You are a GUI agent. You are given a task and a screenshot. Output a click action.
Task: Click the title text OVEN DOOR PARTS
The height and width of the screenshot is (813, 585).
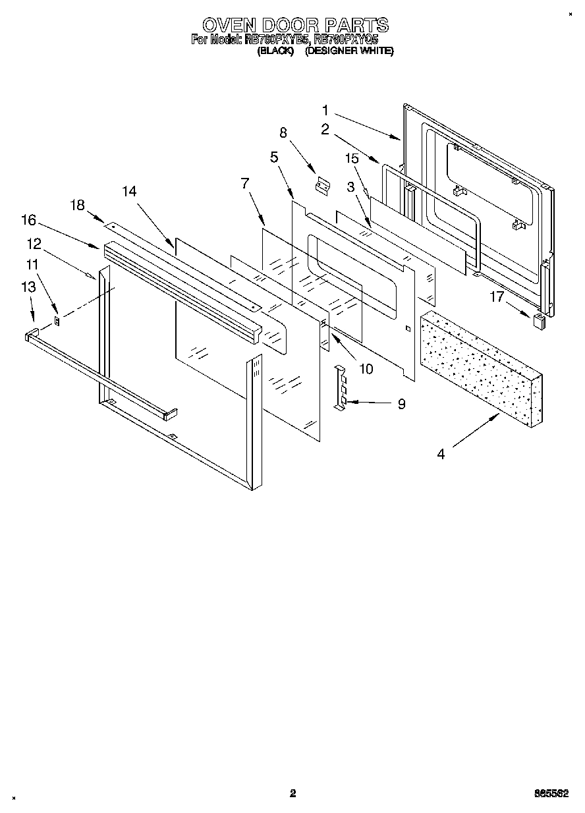pos(294,25)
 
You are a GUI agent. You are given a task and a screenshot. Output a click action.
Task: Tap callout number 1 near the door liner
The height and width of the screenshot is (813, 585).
pos(325,110)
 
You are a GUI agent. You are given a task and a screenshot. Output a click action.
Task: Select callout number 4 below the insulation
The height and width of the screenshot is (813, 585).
pos(441,453)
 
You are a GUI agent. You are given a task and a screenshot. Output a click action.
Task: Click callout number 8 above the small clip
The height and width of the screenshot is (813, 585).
pos(283,133)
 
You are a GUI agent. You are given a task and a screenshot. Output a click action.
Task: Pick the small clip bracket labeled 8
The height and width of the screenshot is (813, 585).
pos(322,186)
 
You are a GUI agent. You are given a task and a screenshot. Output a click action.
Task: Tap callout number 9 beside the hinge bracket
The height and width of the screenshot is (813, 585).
pos(401,404)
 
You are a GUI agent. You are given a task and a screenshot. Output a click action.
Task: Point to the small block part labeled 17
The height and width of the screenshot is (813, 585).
pos(539,321)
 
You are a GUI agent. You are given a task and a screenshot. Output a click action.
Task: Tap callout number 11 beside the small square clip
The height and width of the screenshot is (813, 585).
pos(32,264)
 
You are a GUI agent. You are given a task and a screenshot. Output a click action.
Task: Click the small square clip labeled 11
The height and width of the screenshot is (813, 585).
pos(57,321)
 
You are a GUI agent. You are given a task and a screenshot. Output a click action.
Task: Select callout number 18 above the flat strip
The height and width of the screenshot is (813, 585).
pos(78,205)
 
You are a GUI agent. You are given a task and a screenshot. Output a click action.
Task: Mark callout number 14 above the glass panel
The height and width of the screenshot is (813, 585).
pos(129,191)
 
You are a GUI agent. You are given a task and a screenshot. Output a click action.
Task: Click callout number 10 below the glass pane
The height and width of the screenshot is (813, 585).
pos(365,369)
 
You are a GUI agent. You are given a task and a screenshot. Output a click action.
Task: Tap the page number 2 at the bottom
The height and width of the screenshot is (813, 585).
pos(292,794)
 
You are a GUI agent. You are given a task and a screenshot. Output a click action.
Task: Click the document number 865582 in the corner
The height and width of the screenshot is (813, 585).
pos(551,794)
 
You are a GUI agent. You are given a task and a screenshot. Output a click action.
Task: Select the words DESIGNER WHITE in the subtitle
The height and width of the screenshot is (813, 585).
pos(348,51)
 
